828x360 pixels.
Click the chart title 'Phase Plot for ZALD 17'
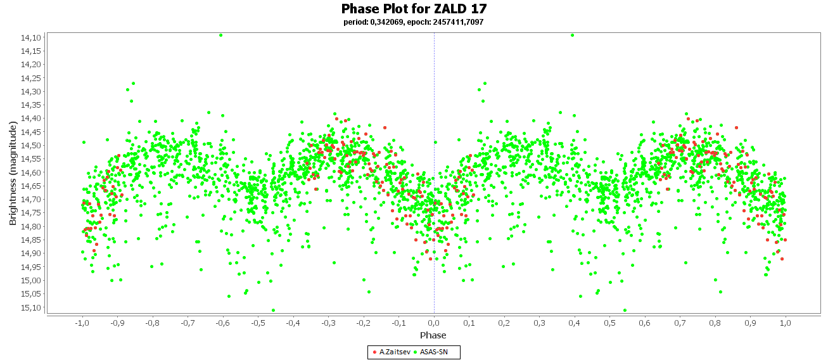point(414,8)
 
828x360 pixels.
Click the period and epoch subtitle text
point(413,22)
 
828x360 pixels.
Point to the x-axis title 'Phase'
point(433,335)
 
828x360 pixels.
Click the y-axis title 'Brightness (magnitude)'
point(13,173)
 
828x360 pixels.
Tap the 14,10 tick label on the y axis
point(30,38)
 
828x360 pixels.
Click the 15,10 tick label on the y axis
point(30,307)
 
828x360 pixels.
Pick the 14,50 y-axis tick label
point(30,145)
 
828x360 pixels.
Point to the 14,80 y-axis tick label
point(30,226)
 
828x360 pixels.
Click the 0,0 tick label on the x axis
point(434,323)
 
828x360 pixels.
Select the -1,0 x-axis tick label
point(82,323)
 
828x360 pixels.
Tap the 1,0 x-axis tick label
point(786,323)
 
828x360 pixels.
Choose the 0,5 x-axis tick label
point(610,323)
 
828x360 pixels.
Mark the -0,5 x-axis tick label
point(258,323)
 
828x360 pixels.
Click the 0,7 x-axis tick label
point(680,323)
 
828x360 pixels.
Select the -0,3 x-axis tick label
point(328,323)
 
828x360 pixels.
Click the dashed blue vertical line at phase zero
point(434,173)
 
